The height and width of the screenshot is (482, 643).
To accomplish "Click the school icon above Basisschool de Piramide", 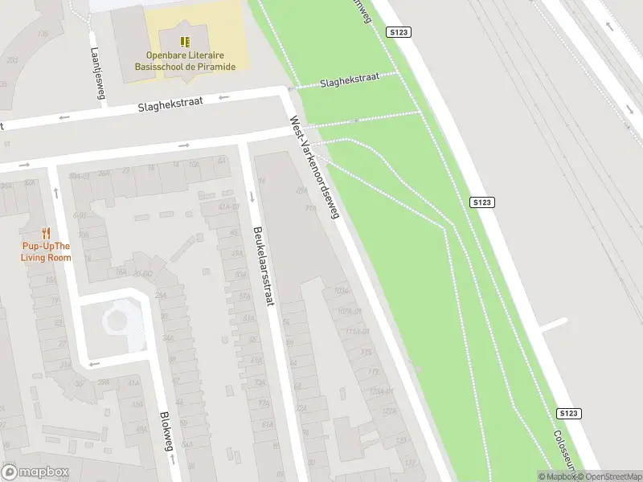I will pos(186,42).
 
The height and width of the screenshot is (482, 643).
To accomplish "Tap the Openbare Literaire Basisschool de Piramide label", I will pos(190,61).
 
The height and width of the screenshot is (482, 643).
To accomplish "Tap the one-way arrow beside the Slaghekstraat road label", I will pos(223,97).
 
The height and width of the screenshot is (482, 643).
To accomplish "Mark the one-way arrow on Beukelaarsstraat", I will pos(252,197).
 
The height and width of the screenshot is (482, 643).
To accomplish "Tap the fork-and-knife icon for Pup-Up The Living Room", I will pos(46,234).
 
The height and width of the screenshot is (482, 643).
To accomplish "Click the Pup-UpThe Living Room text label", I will pos(46,251).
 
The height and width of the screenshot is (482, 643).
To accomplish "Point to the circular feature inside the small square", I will pos(117,321).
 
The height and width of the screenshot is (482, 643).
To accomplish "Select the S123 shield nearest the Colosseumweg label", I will pos(567,413).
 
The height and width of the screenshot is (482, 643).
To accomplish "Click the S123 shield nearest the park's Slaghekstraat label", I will pos(399,32).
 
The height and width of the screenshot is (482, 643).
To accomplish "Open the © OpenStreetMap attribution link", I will pos(608,476).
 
